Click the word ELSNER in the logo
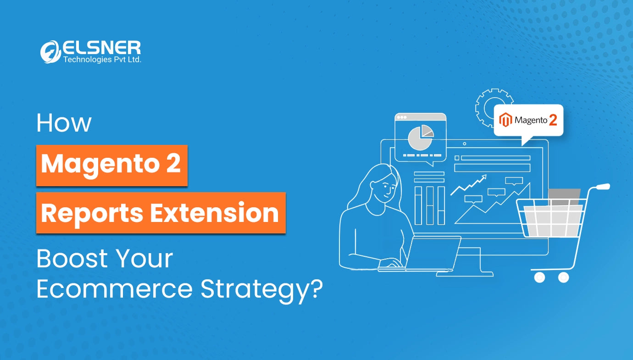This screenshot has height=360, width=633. click(101, 48)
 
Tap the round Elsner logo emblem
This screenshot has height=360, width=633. click(50, 52)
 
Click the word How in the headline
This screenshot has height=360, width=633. click(64, 123)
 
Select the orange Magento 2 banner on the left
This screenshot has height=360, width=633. click(112, 166)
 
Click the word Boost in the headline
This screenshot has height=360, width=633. click(72, 258)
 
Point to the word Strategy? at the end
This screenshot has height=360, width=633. click(261, 291)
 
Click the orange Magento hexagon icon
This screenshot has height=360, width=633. click(505, 120)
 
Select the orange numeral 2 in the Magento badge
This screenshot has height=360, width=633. click(553, 120)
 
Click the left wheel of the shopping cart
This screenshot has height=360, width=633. click(539, 277)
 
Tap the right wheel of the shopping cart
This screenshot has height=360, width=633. click(563, 277)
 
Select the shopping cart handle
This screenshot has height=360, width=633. click(603, 187)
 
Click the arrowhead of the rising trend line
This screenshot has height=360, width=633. click(484, 177)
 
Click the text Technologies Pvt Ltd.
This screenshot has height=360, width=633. click(102, 59)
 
